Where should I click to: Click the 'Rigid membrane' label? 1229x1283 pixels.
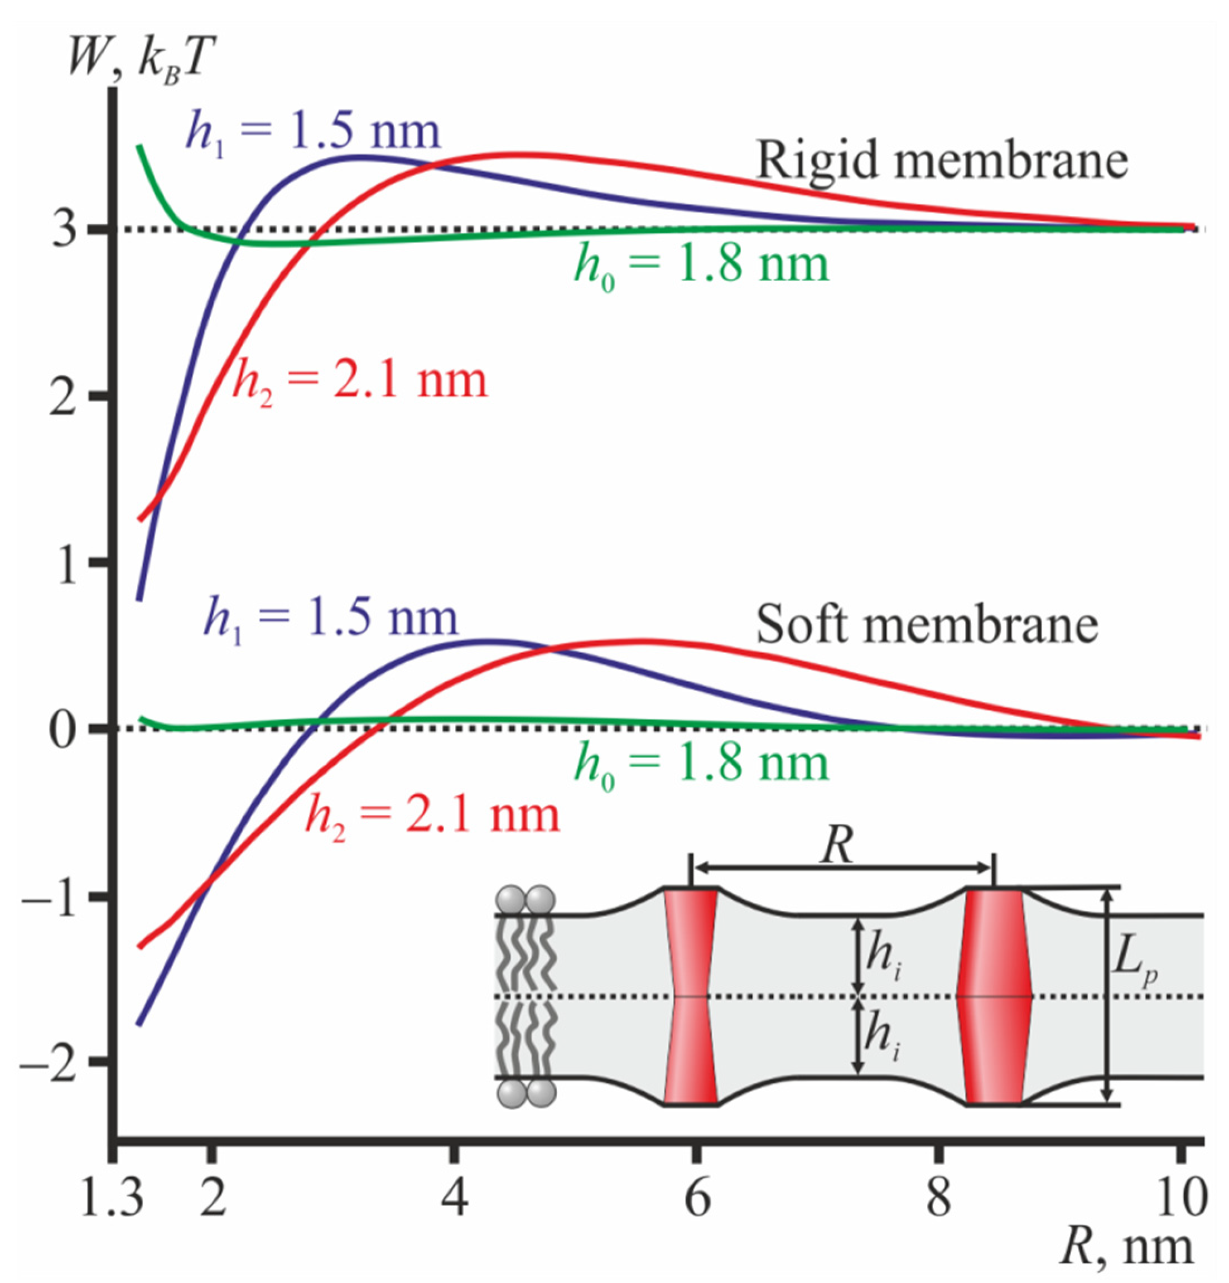tap(942, 161)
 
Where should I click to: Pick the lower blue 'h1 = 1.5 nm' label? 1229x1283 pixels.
tap(331, 619)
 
